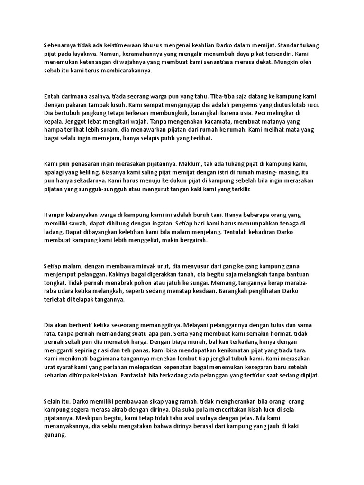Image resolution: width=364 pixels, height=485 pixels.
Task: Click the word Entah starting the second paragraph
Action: [52, 96]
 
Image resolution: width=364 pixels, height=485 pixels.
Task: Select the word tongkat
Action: [55, 284]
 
